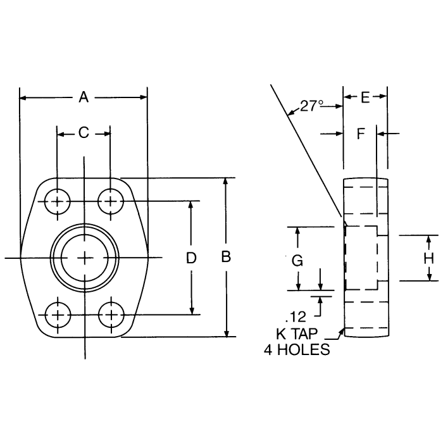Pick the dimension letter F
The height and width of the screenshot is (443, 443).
pos(361,134)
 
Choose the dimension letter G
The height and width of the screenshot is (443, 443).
pos(297,259)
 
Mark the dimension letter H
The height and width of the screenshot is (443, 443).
pos(428,258)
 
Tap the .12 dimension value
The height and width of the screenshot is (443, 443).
pos(296,315)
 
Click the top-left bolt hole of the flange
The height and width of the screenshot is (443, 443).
pos(58,202)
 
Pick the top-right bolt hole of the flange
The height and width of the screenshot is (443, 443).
pos(111,202)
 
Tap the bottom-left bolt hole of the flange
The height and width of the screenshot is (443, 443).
pos(58,314)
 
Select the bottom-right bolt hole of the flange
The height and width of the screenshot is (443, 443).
pos(111,314)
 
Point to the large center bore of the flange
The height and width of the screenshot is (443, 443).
pos(84,257)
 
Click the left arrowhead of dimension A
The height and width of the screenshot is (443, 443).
pos(23,97)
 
